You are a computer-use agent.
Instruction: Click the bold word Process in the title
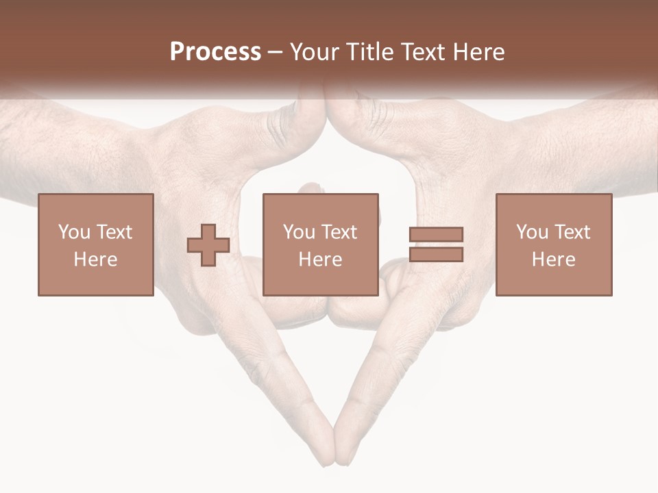(x=215, y=52)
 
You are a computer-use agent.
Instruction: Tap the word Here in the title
(x=479, y=52)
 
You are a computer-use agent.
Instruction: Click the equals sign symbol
(x=436, y=244)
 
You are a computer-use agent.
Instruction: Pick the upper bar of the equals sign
(x=436, y=235)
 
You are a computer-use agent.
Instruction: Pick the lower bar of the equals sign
(x=436, y=254)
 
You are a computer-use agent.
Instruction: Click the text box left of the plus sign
(x=95, y=244)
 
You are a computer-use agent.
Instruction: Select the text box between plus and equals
(x=320, y=244)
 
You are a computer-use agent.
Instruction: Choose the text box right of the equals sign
(x=553, y=244)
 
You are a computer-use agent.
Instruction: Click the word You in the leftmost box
(x=73, y=232)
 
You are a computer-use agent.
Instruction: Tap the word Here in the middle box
(x=320, y=260)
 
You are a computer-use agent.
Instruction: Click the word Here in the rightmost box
(x=553, y=260)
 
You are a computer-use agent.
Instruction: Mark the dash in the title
(x=275, y=53)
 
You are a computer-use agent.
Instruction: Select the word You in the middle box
(x=298, y=232)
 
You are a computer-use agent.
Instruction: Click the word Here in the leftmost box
(x=95, y=260)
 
